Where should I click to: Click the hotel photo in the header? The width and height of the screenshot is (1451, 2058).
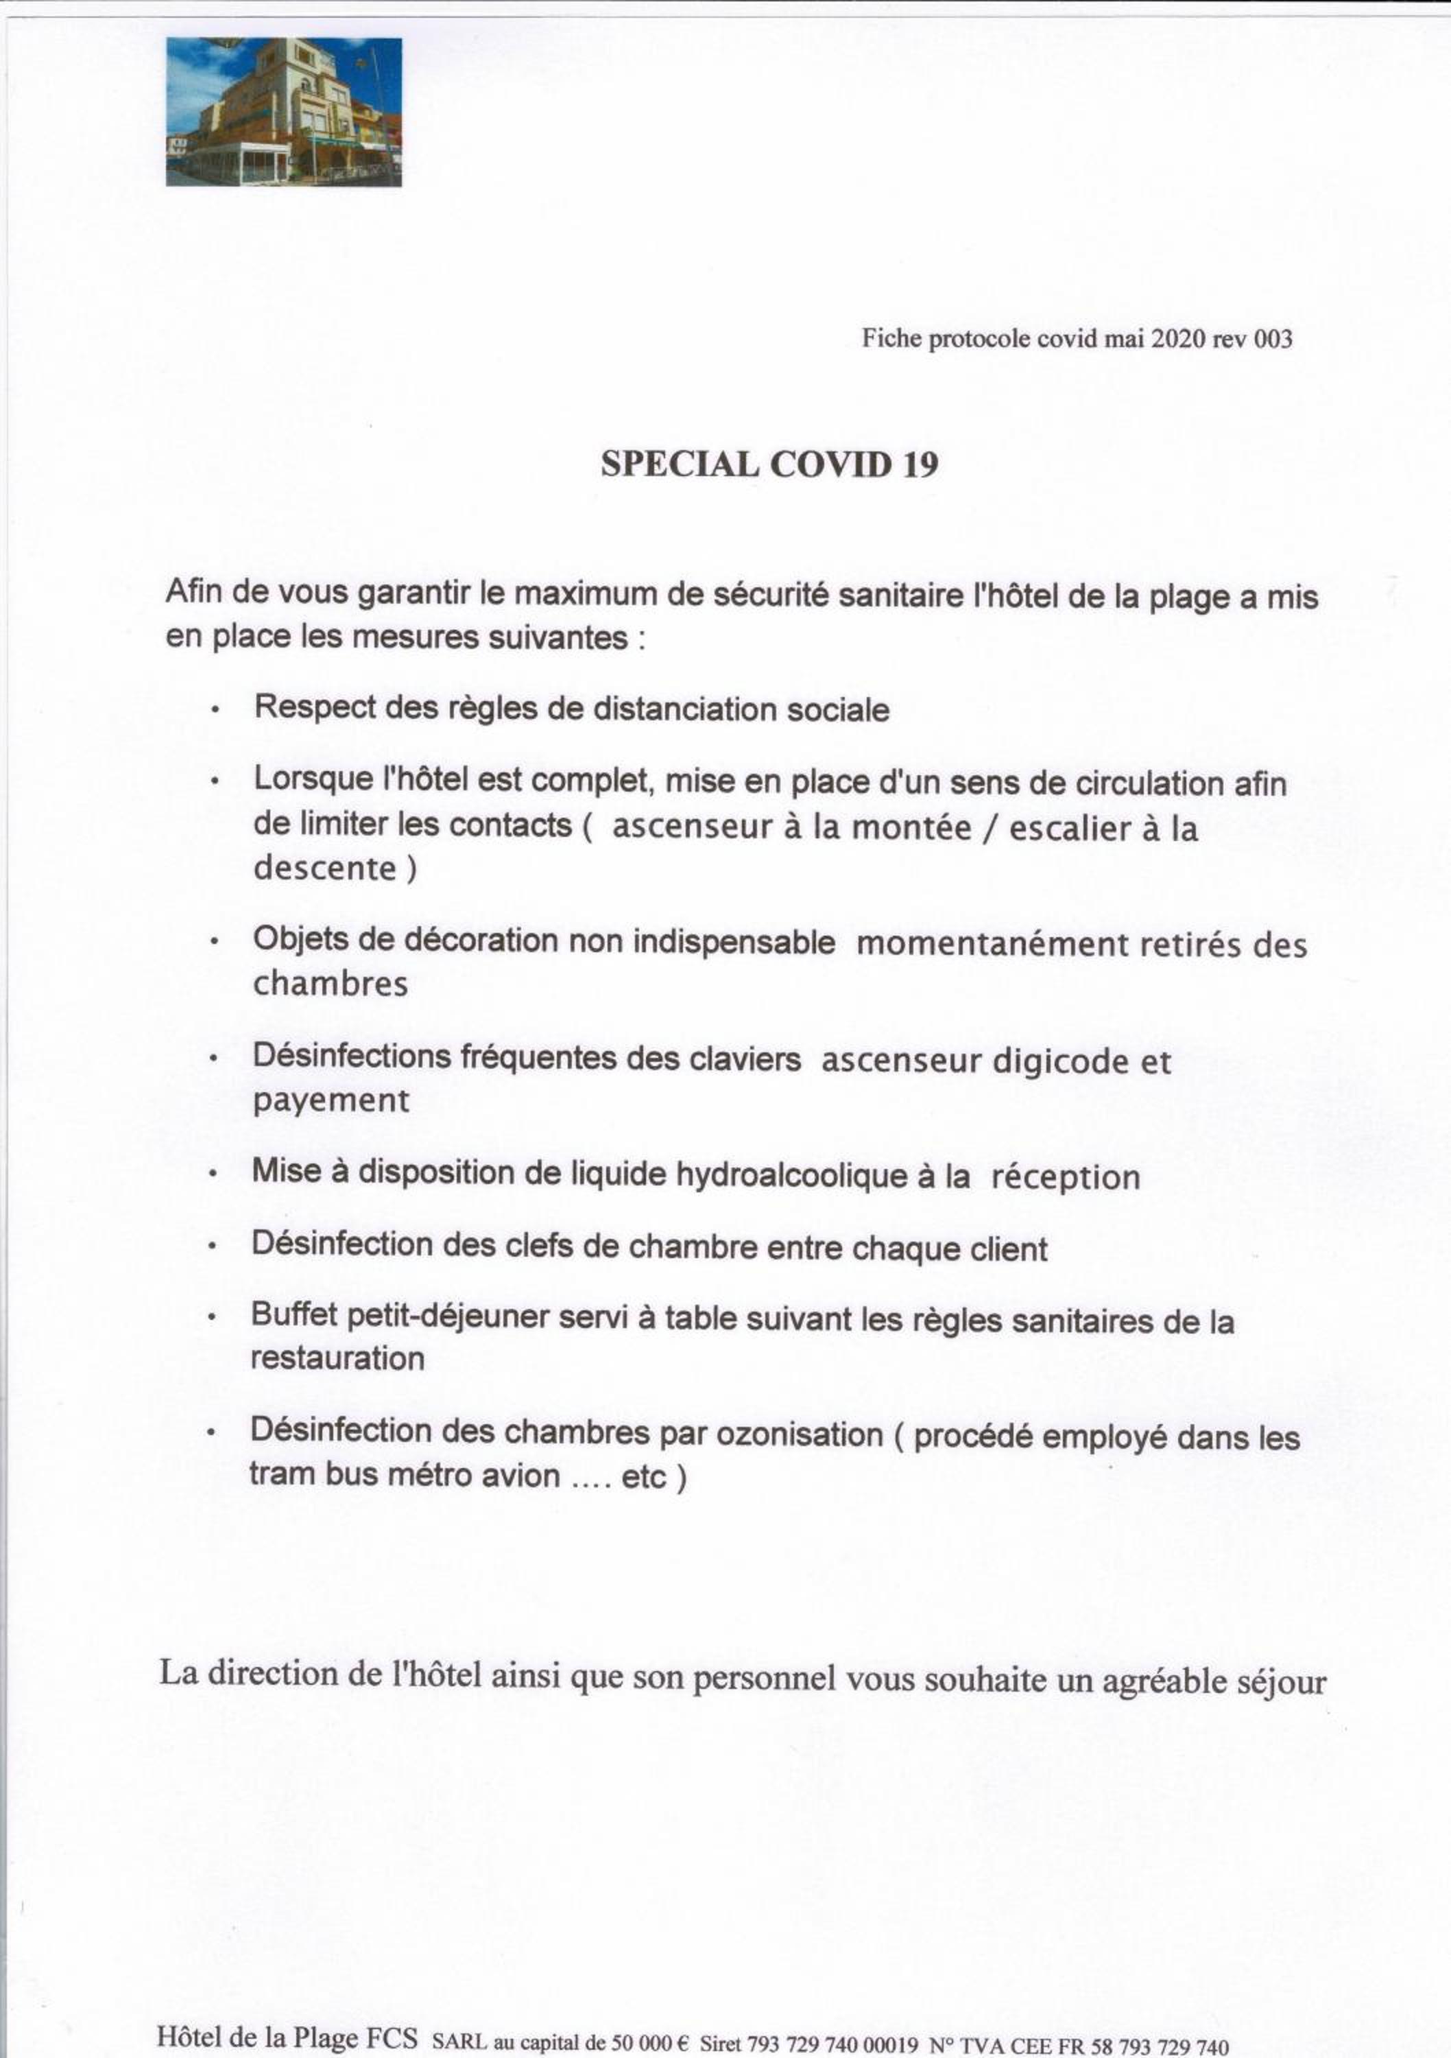click(x=283, y=112)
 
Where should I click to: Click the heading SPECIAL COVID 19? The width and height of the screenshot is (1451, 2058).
click(x=769, y=464)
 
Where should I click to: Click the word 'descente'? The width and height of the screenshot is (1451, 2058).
click(x=324, y=868)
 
